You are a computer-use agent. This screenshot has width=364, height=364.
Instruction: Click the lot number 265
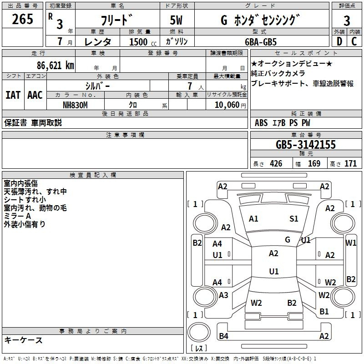22,19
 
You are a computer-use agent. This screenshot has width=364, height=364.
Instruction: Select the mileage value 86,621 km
56,66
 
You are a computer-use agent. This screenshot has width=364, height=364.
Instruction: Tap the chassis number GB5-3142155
306,145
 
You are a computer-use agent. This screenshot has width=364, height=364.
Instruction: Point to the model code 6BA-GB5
261,42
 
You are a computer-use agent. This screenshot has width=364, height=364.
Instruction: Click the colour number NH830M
75,105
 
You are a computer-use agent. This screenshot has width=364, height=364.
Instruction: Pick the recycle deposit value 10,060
227,105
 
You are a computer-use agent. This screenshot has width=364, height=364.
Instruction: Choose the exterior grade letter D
339,41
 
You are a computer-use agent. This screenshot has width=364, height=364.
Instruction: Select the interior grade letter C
354,41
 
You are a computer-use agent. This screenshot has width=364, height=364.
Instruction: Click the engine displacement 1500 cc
143,42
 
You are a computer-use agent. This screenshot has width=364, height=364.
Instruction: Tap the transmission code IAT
13,95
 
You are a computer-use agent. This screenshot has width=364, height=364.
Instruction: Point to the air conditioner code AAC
35,95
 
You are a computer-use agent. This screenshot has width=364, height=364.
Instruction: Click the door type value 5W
176,20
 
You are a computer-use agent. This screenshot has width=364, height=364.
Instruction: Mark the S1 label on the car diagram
293,219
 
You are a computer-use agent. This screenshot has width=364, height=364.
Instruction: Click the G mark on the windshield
288,240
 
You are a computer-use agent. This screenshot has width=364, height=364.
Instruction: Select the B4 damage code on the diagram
223,336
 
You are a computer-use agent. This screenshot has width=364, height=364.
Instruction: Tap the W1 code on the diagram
351,243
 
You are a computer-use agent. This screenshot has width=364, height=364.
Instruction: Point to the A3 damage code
223,295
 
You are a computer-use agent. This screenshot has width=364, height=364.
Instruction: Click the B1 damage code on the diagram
324,311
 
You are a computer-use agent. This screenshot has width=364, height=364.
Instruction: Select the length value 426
276,164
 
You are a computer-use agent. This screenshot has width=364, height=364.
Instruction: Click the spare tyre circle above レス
199,333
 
